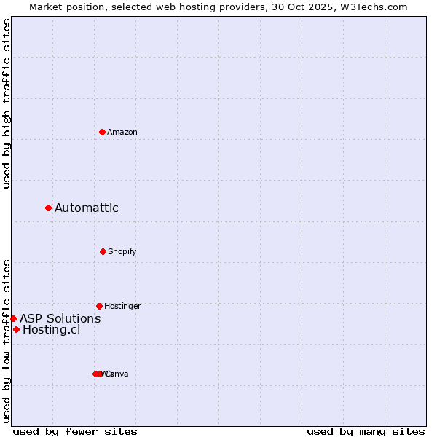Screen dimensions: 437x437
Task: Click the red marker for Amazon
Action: click(103, 132)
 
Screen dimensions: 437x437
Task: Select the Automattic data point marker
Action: click(49, 208)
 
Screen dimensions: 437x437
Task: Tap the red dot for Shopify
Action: click(103, 251)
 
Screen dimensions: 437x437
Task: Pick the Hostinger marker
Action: click(99, 306)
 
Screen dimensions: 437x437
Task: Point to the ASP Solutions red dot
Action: click(13, 318)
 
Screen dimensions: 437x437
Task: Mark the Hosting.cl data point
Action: click(16, 330)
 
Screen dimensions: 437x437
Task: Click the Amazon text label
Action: click(122, 132)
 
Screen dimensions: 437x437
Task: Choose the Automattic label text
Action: click(87, 208)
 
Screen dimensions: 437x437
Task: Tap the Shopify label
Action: click(122, 251)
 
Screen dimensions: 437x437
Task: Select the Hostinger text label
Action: click(122, 306)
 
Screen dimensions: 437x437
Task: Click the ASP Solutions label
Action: click(60, 318)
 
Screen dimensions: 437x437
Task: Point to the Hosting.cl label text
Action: click(52, 330)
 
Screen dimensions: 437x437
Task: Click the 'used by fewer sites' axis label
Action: click(75, 431)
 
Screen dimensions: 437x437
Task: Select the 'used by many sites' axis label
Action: click(366, 431)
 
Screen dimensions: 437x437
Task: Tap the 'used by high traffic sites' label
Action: click(7, 103)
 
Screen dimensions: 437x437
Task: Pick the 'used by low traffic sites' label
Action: click(7, 340)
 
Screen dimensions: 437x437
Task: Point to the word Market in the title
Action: click(46, 7)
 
